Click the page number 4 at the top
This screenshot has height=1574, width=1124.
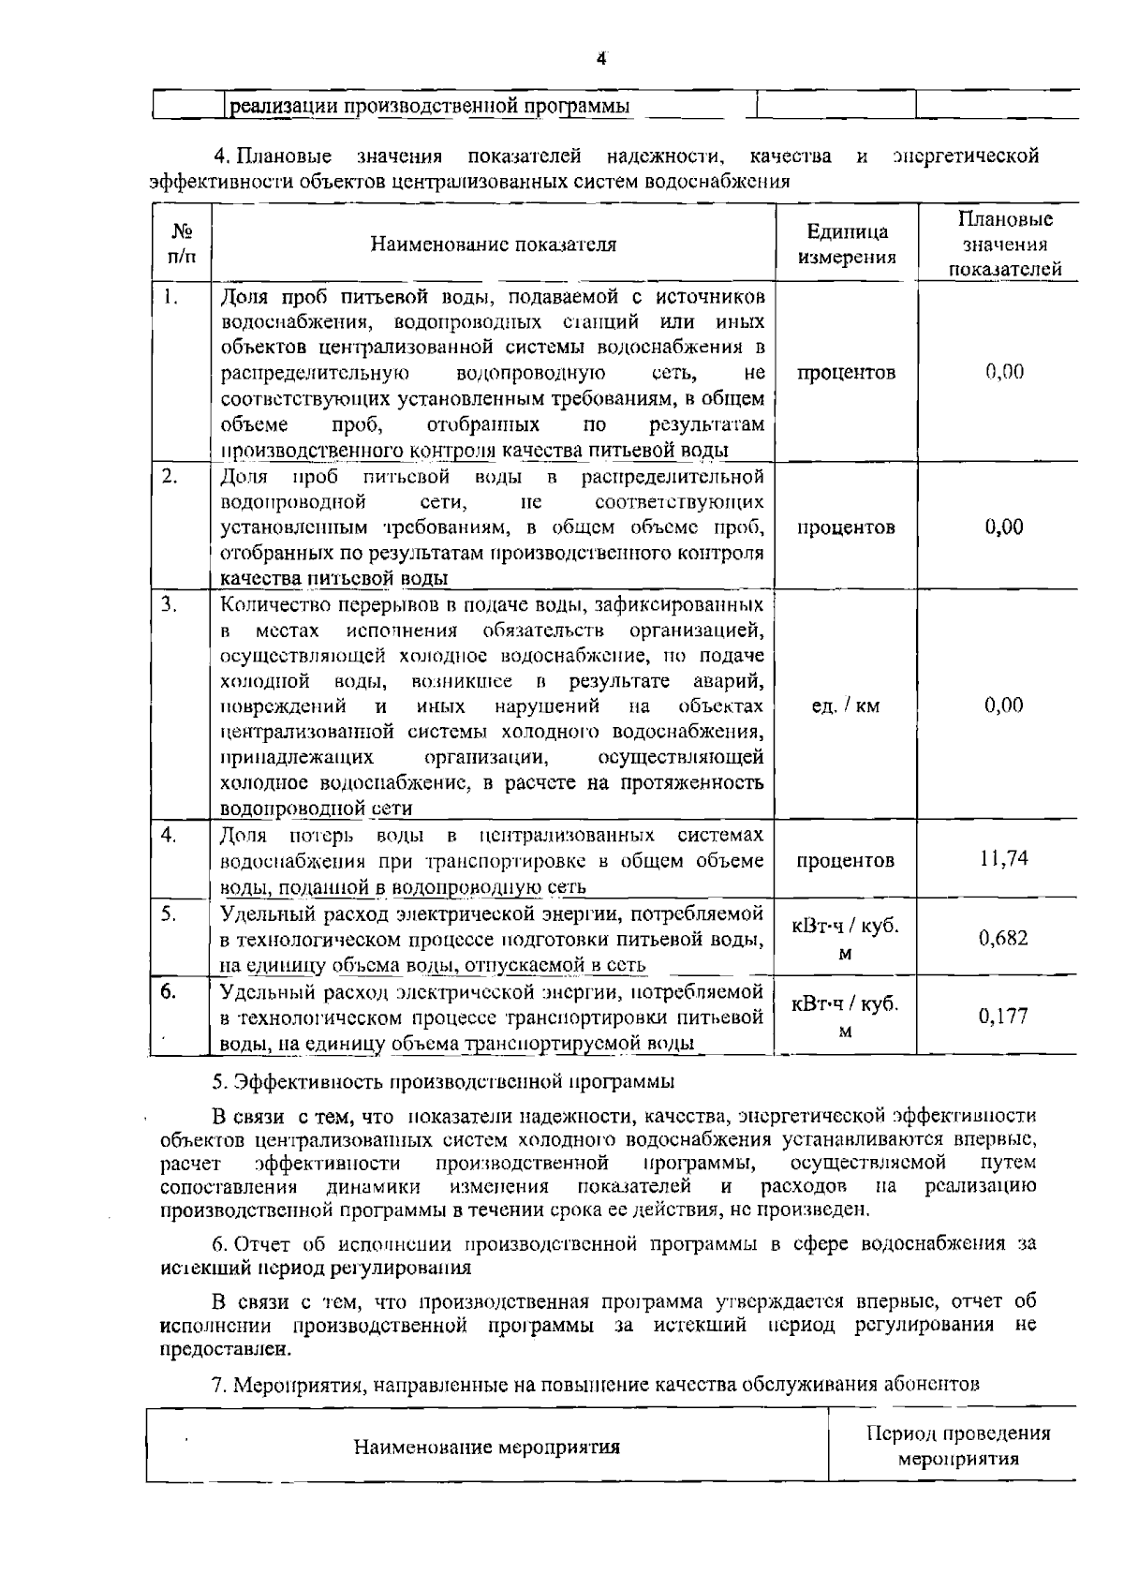tap(601, 58)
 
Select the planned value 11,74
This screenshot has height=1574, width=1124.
tap(1003, 858)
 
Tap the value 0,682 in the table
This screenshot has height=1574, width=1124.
tap(1003, 937)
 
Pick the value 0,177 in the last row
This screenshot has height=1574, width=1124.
tap(1003, 1016)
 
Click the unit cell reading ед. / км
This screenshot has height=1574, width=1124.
tap(845, 705)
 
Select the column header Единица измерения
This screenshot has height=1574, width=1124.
tap(846, 245)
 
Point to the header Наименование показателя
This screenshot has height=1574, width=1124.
tap(494, 245)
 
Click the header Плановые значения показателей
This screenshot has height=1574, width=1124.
tap(1005, 245)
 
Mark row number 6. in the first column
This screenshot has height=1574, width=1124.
tap(168, 991)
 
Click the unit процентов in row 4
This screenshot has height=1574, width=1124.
tap(845, 859)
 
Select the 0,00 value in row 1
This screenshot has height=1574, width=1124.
tap(1003, 372)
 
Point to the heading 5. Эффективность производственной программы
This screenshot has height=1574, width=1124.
tap(443, 1081)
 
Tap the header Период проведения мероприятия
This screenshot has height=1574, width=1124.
tap(958, 1446)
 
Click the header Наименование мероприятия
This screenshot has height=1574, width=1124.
tap(487, 1447)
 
